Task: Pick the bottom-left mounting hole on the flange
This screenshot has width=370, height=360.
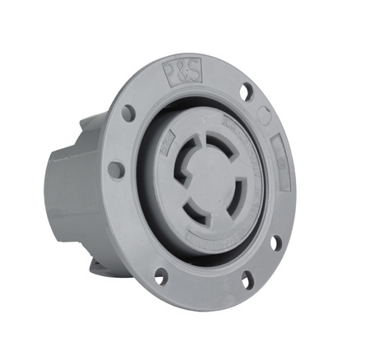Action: [x=160, y=276]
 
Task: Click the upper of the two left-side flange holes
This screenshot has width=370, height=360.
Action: [x=128, y=113]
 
